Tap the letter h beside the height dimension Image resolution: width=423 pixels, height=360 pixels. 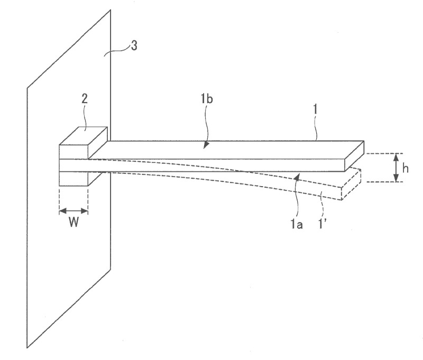[x=406, y=168]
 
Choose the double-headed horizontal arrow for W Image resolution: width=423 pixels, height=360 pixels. [x=73, y=211]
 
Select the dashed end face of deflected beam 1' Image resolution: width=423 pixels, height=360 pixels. [x=350, y=185]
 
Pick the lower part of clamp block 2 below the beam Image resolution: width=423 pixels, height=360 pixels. [x=73, y=179]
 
